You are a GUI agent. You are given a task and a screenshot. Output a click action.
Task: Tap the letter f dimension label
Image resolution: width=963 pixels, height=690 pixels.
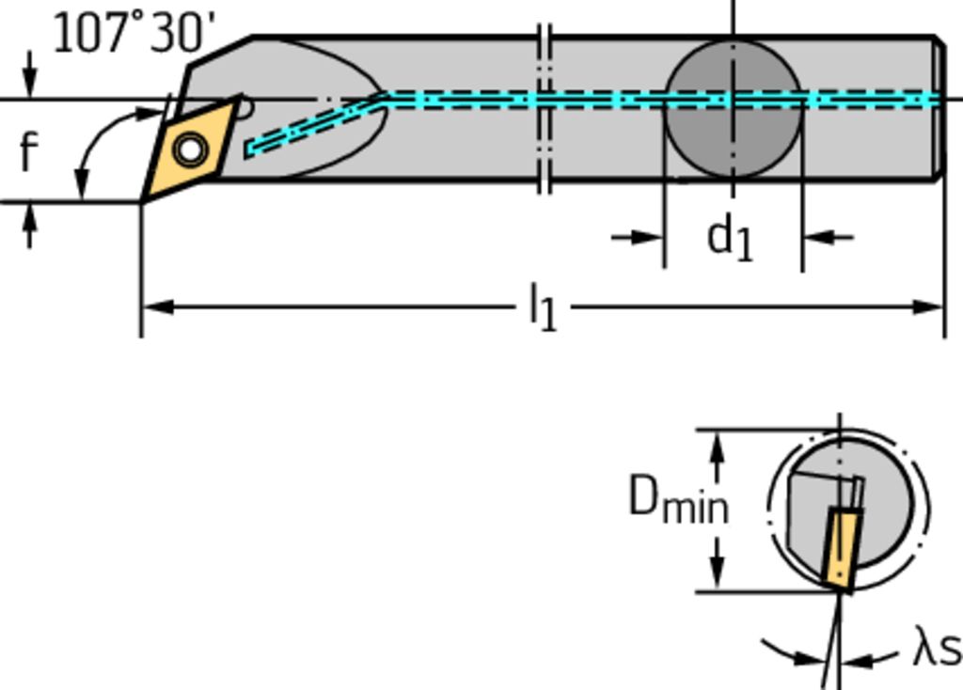point(29,151)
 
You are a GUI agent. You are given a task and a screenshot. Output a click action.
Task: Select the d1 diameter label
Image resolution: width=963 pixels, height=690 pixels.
point(731,237)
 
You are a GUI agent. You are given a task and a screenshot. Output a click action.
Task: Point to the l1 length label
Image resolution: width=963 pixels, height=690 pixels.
point(543,307)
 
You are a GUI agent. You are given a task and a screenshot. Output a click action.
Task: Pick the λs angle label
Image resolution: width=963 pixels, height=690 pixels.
point(935,650)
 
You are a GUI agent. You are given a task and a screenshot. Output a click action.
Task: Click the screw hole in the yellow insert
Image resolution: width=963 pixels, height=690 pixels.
point(191,149)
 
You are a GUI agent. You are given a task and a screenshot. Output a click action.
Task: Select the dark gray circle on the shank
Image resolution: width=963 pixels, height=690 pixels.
point(733,110)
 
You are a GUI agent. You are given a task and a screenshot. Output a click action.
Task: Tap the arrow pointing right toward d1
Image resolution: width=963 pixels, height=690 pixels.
point(649,237)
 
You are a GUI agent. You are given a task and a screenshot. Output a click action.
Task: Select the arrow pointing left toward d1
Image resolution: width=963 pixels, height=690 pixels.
point(819,237)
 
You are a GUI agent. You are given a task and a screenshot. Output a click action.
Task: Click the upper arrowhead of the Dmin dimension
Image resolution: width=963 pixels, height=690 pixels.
point(718,446)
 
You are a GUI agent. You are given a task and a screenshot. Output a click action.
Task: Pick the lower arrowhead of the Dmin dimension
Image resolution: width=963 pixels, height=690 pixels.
point(718,577)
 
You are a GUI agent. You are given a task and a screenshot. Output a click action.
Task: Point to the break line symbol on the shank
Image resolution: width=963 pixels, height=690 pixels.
point(544,108)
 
